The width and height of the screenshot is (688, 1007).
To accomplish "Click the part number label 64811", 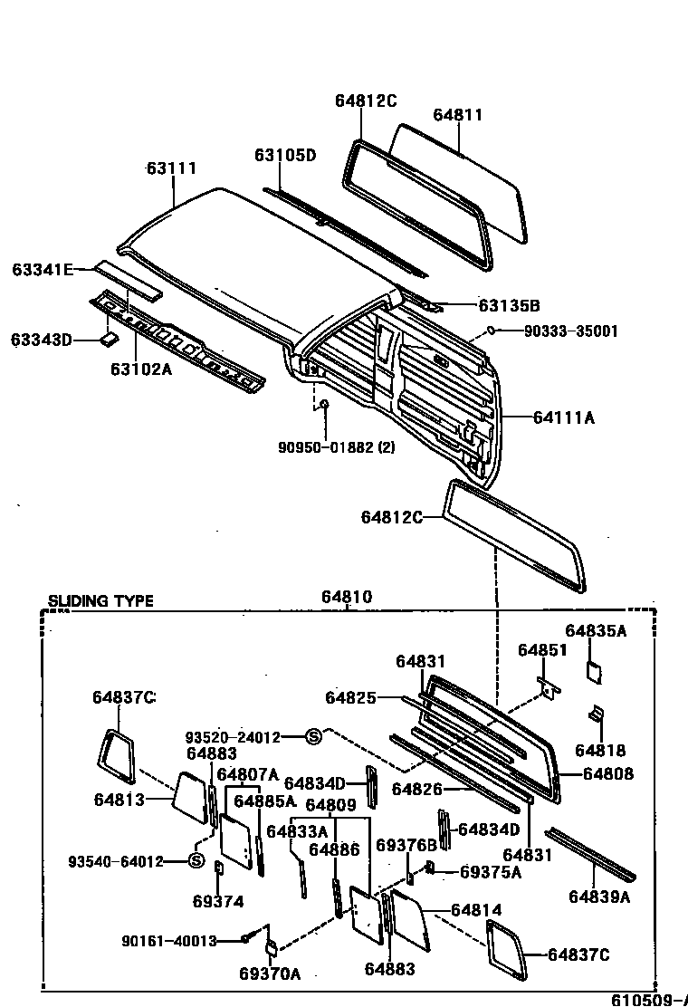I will (x=457, y=115).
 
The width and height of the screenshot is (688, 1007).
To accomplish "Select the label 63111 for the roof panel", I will (x=172, y=168).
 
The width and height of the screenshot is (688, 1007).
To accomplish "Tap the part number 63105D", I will (x=284, y=155).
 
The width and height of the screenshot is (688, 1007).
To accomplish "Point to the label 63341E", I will (x=42, y=269).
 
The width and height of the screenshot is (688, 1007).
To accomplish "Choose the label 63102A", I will (x=141, y=369).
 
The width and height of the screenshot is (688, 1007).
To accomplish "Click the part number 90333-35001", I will (x=570, y=331).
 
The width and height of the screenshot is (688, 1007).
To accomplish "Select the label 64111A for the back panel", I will (x=563, y=417).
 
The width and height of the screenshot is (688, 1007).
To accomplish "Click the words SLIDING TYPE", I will (x=100, y=600).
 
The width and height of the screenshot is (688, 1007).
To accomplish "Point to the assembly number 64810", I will (x=346, y=598).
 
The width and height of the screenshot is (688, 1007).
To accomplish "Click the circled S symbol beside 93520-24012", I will (x=313, y=737).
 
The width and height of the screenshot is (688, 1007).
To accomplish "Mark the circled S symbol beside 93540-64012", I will (x=196, y=860).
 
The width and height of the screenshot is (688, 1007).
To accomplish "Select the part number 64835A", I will (x=596, y=630).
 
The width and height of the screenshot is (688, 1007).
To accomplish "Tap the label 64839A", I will (x=599, y=897).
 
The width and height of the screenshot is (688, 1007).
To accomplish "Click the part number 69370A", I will (x=270, y=973).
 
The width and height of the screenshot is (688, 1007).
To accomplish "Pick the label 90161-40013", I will (x=169, y=941).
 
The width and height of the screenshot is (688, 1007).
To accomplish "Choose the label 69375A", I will (x=491, y=871).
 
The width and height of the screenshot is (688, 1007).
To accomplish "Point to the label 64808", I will (x=608, y=773).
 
